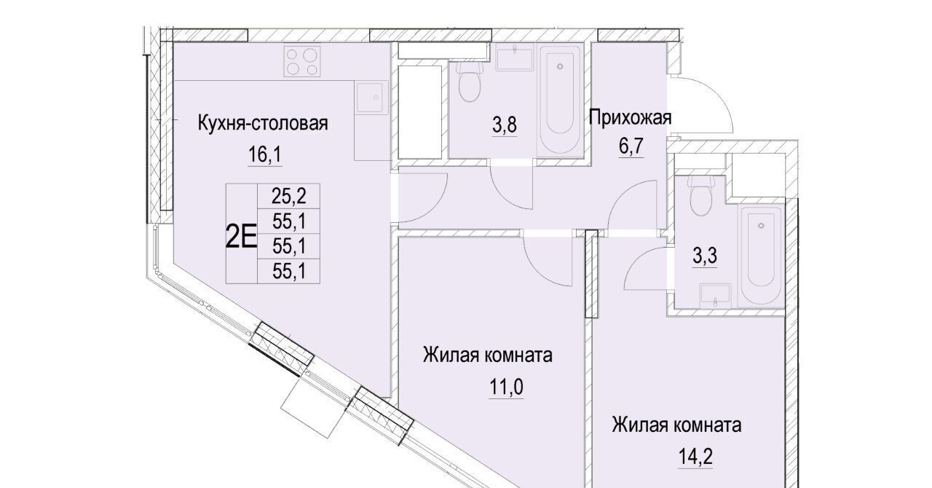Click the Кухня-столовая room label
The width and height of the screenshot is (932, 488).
[263, 124]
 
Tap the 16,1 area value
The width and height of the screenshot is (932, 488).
[264, 155]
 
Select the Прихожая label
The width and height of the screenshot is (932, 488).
[630, 118]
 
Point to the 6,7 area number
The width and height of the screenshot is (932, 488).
[631, 146]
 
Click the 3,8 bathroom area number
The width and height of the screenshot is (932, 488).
[505, 125]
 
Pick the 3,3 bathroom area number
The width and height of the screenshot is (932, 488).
[705, 256]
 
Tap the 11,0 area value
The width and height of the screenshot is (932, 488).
[506, 387]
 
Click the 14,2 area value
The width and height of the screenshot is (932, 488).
[695, 457]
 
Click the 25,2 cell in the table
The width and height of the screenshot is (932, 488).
[289, 196]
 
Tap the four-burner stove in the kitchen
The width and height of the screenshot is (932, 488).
[302, 61]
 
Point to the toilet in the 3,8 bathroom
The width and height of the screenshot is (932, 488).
[470, 82]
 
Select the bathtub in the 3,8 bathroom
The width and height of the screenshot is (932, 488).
[560, 101]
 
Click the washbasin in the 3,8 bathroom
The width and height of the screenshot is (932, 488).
[515, 58]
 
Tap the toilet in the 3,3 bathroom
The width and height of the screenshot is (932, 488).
[701, 195]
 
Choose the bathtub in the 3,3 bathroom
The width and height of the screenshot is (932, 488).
[761, 256]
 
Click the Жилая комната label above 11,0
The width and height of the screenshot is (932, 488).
[488, 355]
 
